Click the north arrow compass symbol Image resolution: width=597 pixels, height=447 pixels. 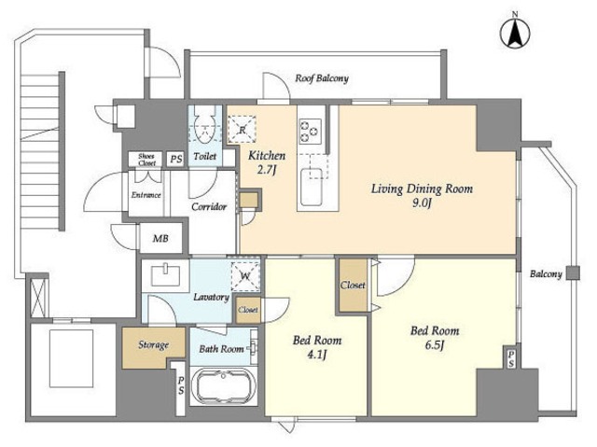point(515,33)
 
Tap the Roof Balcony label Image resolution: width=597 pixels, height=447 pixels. point(322,78)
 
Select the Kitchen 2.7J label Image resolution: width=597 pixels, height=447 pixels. point(267,162)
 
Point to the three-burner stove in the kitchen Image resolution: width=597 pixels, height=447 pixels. point(310,131)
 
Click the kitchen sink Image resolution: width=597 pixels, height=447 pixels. point(312,187)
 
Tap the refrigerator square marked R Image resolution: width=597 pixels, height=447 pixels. point(243,129)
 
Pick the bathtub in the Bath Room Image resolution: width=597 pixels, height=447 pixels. point(223,388)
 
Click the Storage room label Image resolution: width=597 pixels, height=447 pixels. point(153,345)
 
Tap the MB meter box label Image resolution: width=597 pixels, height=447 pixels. point(160,239)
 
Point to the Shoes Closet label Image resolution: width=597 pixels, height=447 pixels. point(146,160)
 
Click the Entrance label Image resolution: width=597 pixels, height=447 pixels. point(146,195)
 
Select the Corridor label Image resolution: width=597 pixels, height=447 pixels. point(209,207)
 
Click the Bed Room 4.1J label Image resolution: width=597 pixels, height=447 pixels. point(317,347)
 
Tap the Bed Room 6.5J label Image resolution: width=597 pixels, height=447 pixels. point(435,338)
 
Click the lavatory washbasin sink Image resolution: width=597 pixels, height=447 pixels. point(166,275)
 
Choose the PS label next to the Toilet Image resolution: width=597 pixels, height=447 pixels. point(176,159)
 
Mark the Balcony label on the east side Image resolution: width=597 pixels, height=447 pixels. point(546,274)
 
